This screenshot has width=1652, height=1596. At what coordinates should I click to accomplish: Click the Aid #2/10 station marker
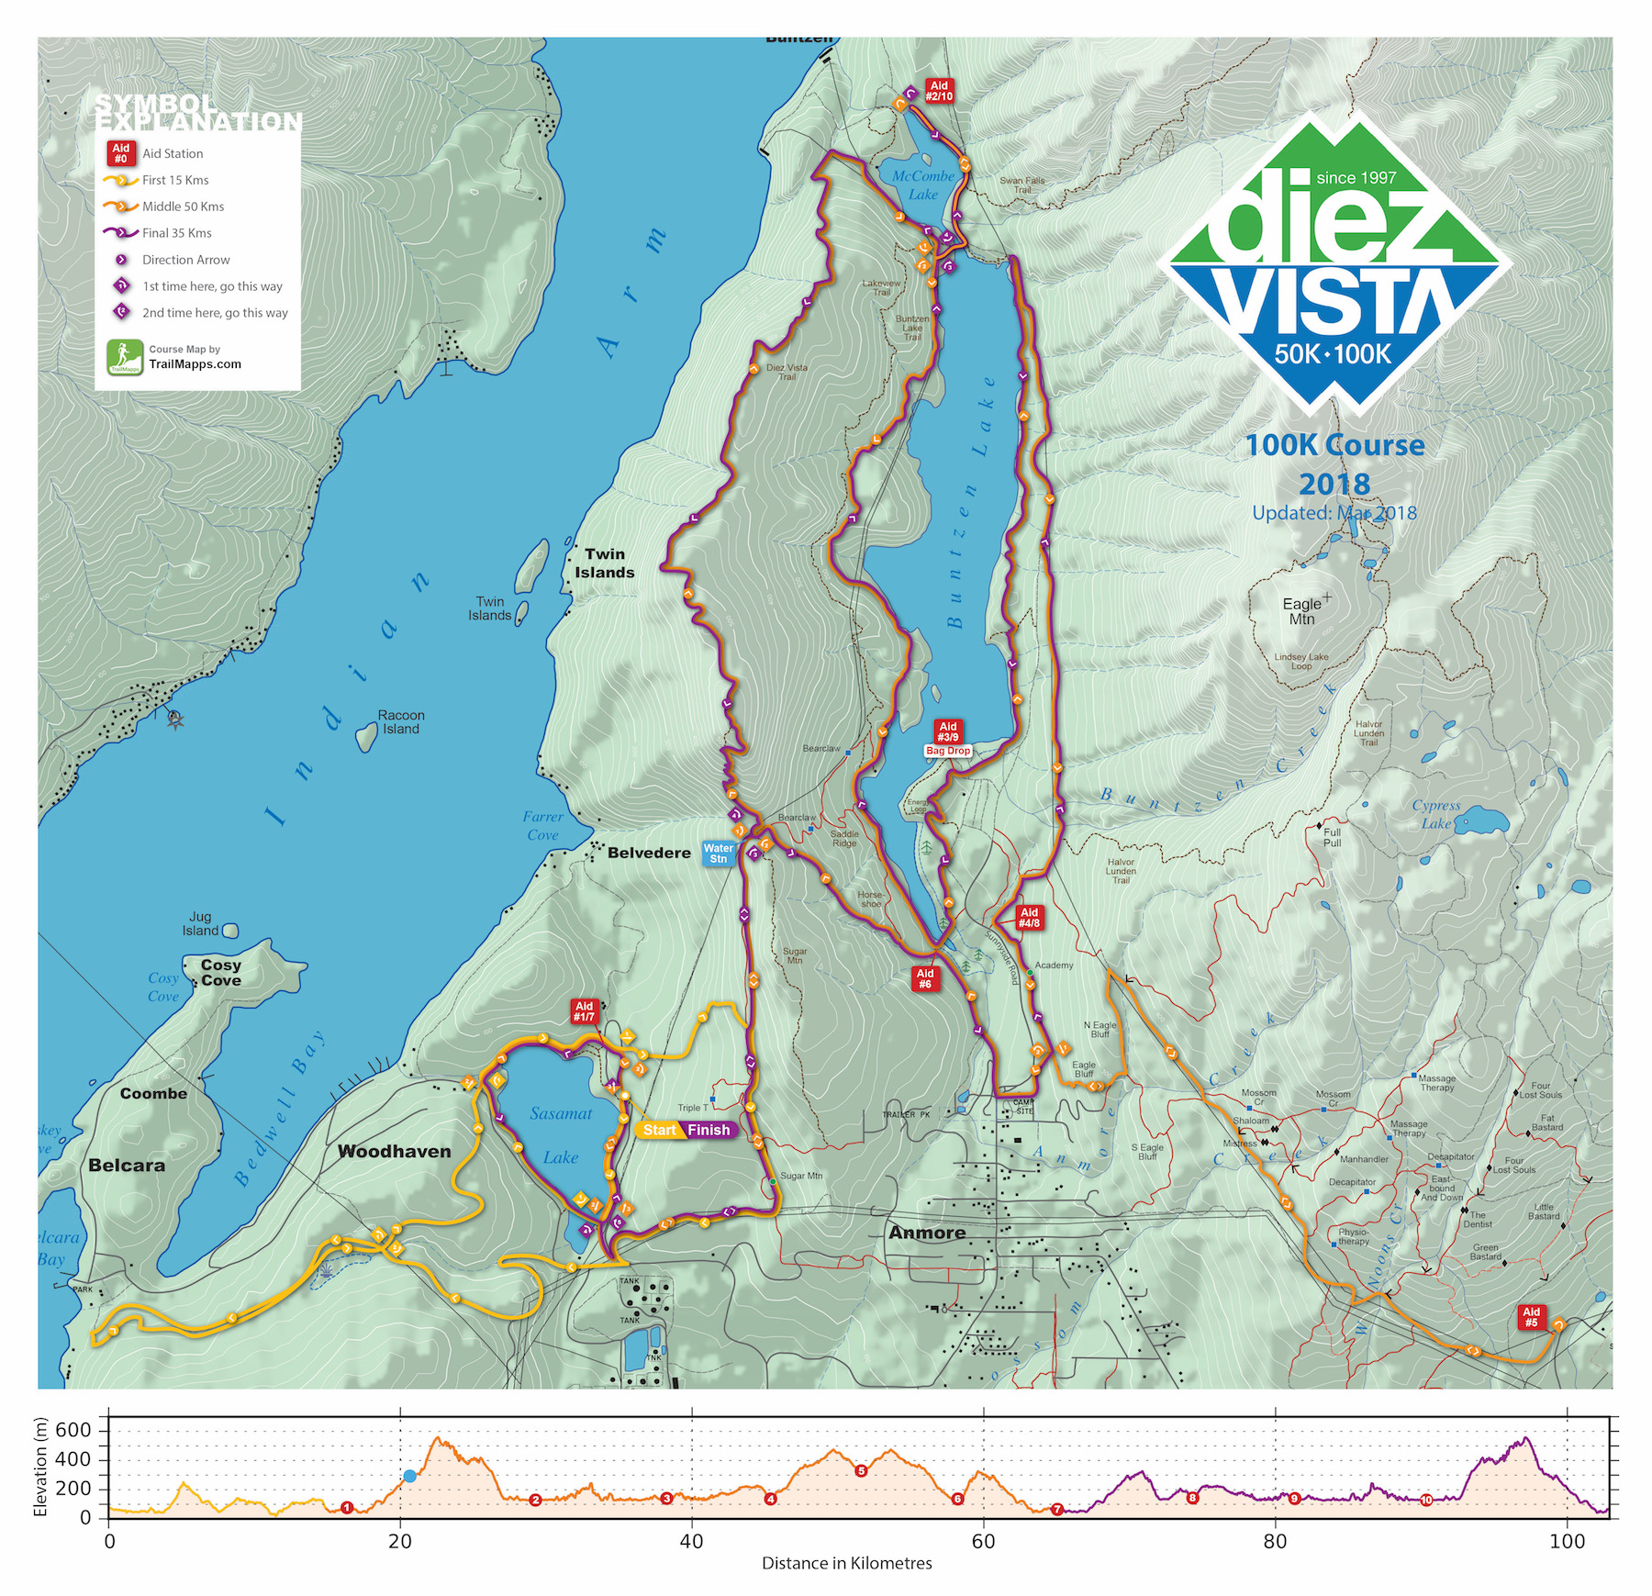click(939, 90)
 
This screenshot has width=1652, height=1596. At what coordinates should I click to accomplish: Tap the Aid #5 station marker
click(1531, 1317)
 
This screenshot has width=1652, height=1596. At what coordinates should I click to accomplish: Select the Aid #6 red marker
click(925, 978)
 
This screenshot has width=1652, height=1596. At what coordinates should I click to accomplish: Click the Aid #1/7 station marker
click(584, 1011)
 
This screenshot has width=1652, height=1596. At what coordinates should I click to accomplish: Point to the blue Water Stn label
click(719, 853)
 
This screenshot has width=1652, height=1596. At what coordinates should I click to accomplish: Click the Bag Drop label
click(948, 751)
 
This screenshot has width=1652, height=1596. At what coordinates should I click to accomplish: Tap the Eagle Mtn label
click(1301, 611)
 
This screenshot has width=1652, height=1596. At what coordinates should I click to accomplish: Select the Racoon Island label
click(401, 722)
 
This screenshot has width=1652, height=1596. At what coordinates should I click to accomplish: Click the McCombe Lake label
click(923, 184)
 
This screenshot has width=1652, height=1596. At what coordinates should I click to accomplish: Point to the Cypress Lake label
click(1435, 814)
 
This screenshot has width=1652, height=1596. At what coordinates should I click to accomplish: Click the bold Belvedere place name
click(649, 853)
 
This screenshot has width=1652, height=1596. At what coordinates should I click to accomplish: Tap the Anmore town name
click(927, 1233)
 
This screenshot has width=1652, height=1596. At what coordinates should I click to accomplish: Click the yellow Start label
click(659, 1130)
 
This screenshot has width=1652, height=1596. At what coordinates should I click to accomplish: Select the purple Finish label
click(709, 1130)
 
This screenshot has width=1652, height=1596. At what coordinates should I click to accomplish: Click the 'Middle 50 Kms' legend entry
click(183, 206)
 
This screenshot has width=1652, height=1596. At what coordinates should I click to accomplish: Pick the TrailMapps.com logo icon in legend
click(125, 357)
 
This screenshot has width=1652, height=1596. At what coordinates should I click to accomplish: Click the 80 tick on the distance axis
click(1275, 1541)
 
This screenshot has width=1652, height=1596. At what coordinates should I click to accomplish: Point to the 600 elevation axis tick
click(73, 1430)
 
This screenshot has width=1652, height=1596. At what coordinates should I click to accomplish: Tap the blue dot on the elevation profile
click(409, 1476)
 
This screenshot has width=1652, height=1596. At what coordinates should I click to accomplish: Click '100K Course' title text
click(1334, 446)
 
